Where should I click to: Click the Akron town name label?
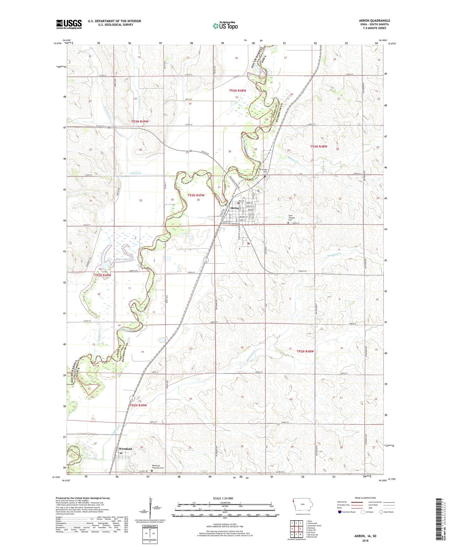234,208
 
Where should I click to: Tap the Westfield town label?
125,449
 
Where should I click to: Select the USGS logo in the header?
69,24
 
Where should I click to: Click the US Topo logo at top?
225,26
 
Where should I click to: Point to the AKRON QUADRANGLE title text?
374,21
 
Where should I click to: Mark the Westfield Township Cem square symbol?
152,470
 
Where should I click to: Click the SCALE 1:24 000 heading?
223,498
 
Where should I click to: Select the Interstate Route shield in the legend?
340,512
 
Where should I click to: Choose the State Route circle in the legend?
381,512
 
